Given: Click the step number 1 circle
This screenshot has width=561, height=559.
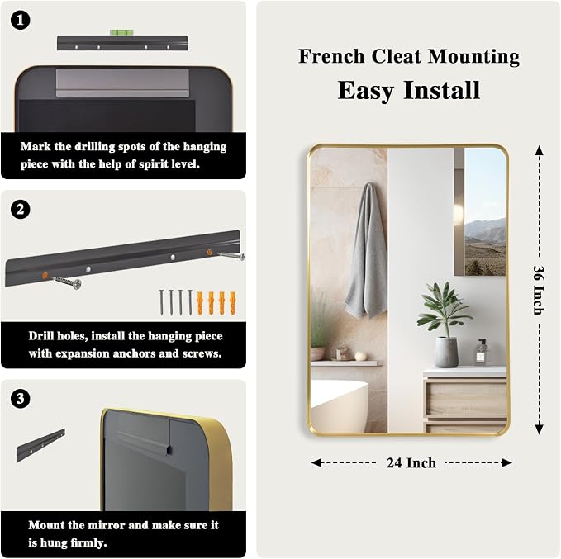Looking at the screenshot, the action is point(20,20).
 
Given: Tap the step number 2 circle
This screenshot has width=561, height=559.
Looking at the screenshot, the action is point(20,209).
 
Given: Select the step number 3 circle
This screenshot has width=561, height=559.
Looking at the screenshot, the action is point(20,399).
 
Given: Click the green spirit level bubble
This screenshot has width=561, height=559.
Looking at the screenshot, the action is point(121,32).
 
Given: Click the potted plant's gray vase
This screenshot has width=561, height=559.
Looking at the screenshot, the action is point(446,352).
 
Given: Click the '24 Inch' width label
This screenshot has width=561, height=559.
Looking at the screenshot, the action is point(411,462).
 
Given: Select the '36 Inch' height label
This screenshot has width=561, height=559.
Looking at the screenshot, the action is point(539,290).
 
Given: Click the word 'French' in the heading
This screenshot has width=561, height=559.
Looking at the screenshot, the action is point(331,56).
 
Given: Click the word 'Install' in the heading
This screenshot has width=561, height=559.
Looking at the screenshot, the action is point(441,90).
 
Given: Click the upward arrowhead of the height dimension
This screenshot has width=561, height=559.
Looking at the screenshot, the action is point(540,151).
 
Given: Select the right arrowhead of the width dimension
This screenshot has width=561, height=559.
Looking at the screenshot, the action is point(506,462).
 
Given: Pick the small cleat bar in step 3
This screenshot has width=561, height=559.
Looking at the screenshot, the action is point(40,445).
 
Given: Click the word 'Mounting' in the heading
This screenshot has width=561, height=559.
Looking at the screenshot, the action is point(473,57).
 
